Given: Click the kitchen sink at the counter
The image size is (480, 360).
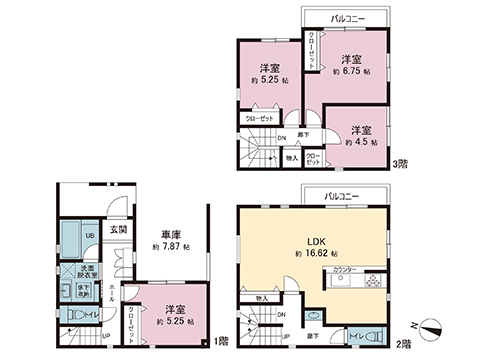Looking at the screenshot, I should (x=344, y=283).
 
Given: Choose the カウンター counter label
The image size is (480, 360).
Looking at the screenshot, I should (x=345, y=269).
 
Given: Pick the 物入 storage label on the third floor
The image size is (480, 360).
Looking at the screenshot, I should (x=292, y=158).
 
